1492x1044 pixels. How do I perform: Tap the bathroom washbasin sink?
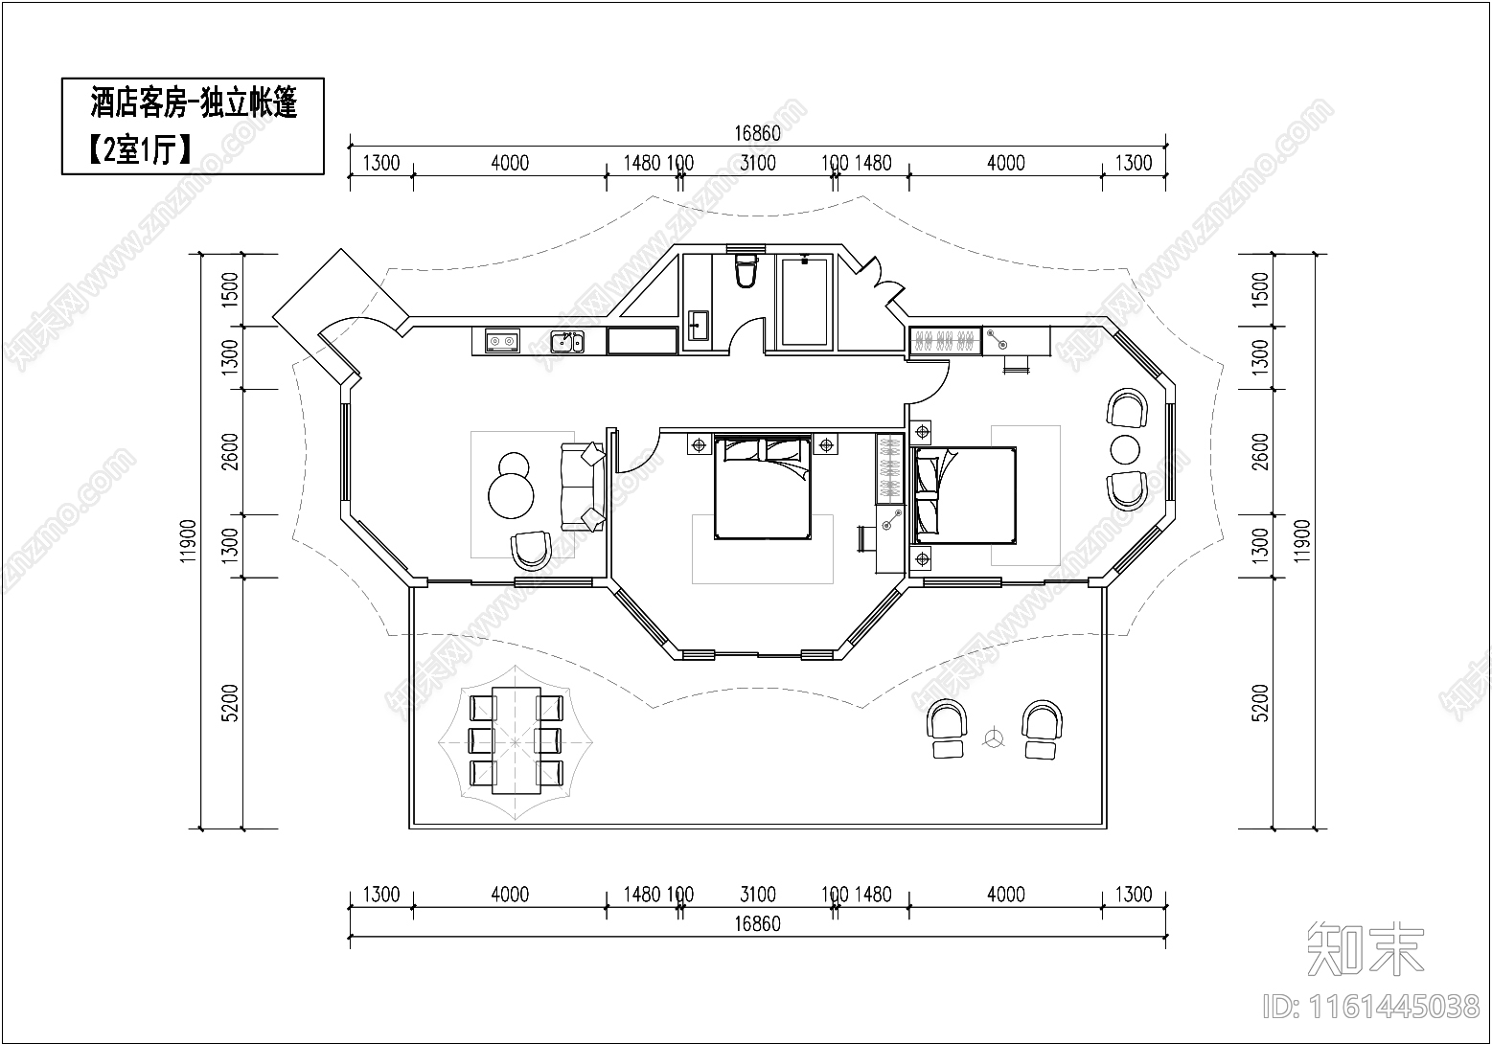pyautogui.click(x=699, y=327)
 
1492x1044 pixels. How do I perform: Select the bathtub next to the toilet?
pyautogui.click(x=805, y=303)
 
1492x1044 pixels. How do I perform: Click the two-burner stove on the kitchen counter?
pyautogui.click(x=502, y=342)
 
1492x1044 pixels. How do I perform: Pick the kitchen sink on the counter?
pyautogui.click(x=567, y=342)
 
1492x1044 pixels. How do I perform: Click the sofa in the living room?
pyautogui.click(x=583, y=487)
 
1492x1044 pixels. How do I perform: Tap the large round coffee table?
pyautogui.click(x=511, y=495)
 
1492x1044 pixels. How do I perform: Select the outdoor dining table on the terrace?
pyautogui.click(x=516, y=740)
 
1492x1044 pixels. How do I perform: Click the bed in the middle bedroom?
pyautogui.click(x=763, y=488)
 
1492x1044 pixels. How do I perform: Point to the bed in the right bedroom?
pyautogui.click(x=965, y=495)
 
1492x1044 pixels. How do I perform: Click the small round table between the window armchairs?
pyautogui.click(x=1125, y=449)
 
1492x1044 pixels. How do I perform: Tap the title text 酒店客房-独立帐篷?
pyautogui.click(x=194, y=103)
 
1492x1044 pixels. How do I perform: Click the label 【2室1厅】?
pyautogui.click(x=140, y=149)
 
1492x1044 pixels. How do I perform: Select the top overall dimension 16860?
pyautogui.click(x=757, y=134)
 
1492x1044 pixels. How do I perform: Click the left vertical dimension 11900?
pyautogui.click(x=189, y=540)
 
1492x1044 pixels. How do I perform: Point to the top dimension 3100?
pyautogui.click(x=758, y=163)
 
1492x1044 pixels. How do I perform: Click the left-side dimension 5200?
pyautogui.click(x=230, y=702)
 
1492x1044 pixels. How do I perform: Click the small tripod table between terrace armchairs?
pyautogui.click(x=995, y=738)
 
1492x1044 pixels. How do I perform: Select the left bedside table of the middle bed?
pyautogui.click(x=699, y=445)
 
